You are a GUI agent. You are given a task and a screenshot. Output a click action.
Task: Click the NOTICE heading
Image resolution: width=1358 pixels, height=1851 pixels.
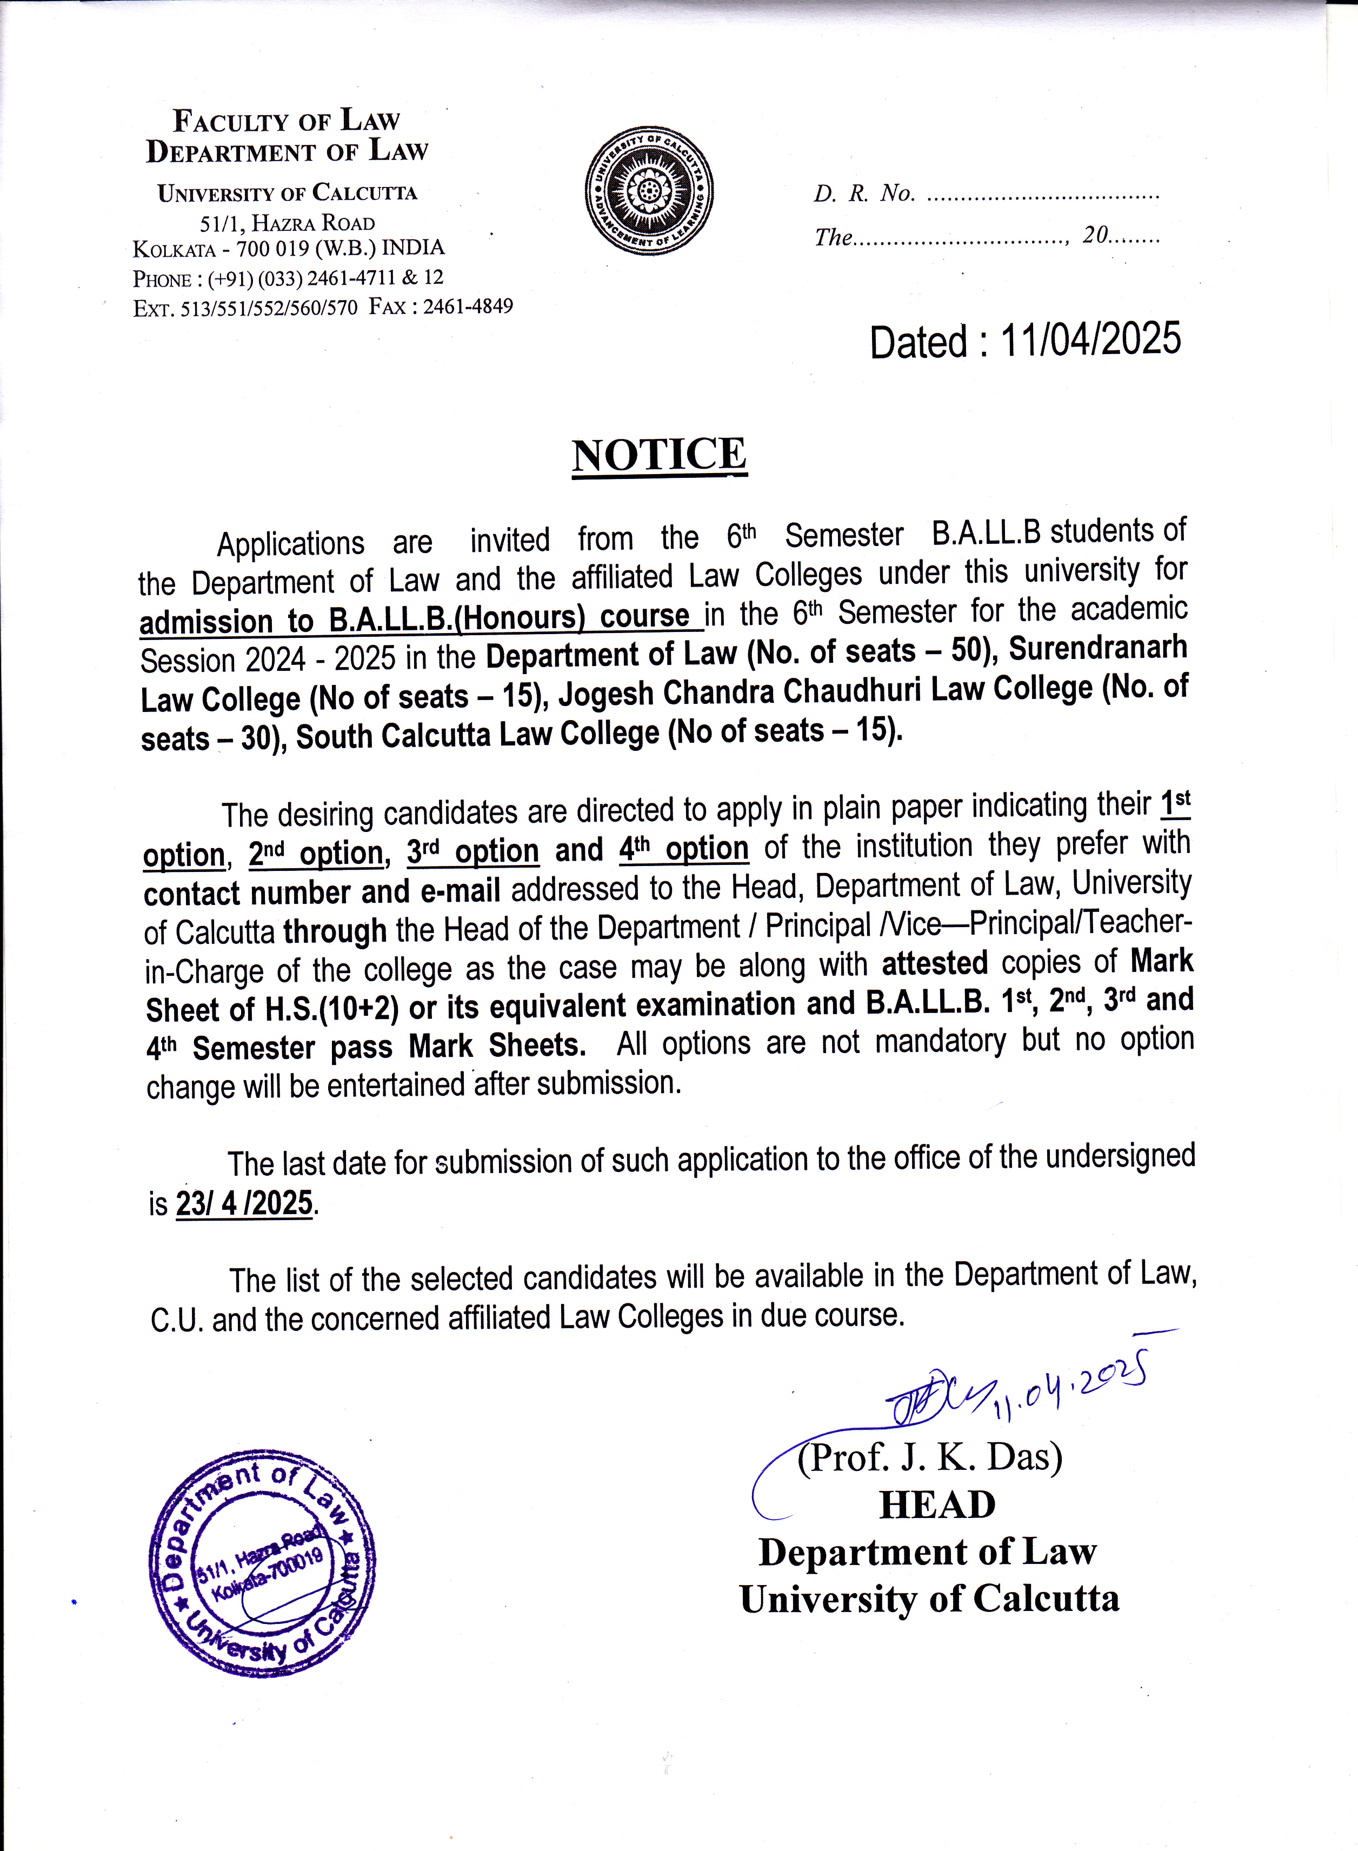pos(660,455)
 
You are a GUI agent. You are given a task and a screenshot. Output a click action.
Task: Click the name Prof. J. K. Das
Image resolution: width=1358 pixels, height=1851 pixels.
pos(930,1457)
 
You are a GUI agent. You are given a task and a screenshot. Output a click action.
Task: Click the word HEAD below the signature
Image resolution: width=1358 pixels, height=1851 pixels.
pos(937,1505)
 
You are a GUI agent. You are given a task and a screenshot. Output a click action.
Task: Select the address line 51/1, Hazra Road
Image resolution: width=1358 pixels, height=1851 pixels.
pos(288,223)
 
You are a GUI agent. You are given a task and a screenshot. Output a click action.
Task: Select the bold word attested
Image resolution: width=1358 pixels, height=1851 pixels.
pos(935,963)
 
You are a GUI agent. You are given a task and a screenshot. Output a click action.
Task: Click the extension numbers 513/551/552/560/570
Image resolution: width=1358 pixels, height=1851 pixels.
pos(270,308)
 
